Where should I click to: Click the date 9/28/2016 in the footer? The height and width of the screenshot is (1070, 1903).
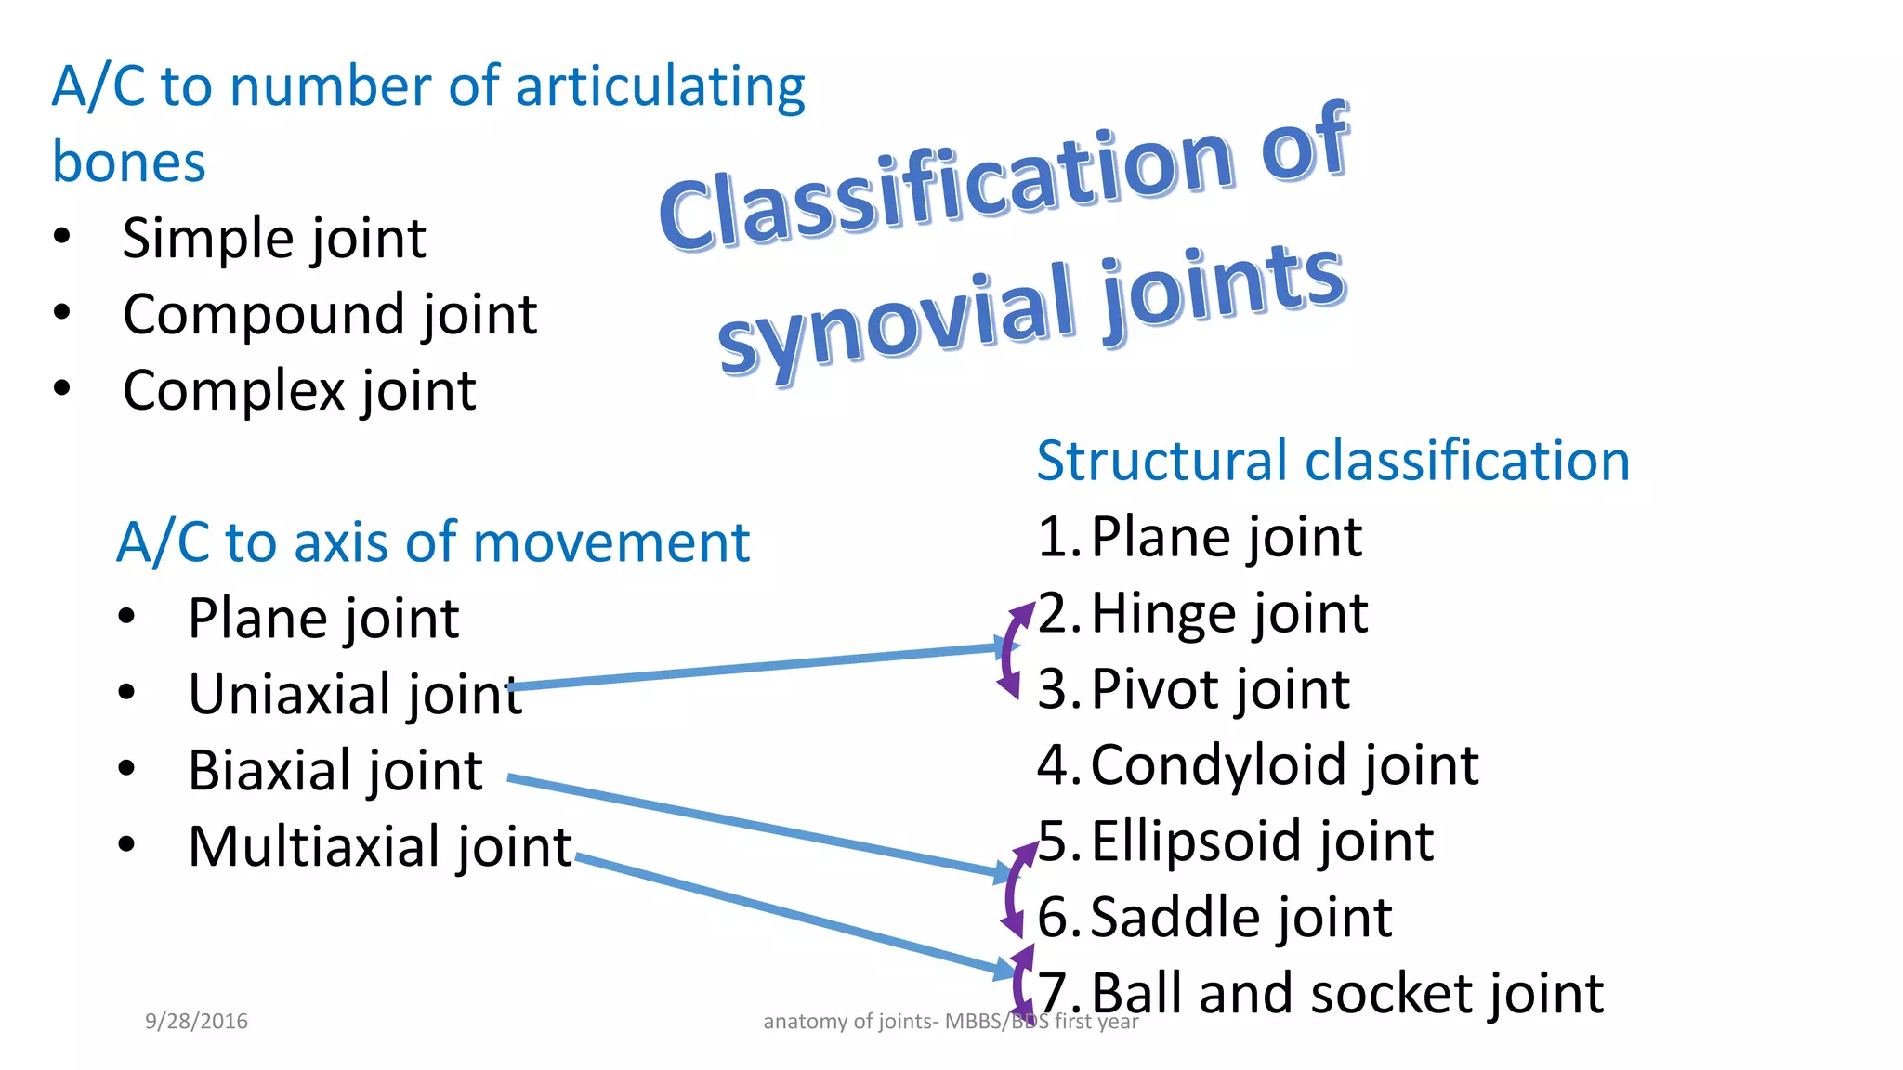pos(196,1022)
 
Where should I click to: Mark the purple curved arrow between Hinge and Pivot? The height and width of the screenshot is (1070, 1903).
pos(1006,650)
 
